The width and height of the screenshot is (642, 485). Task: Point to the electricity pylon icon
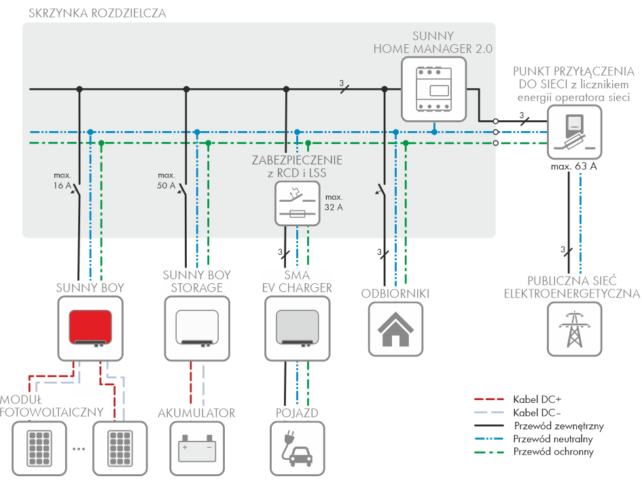point(574,329)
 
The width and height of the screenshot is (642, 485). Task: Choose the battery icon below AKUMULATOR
point(196,448)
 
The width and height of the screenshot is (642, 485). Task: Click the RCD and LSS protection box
point(297,203)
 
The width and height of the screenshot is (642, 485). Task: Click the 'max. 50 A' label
point(166,181)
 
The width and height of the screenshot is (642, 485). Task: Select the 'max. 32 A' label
point(333,202)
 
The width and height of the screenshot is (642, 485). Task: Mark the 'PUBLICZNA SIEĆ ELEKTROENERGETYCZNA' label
point(572,287)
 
